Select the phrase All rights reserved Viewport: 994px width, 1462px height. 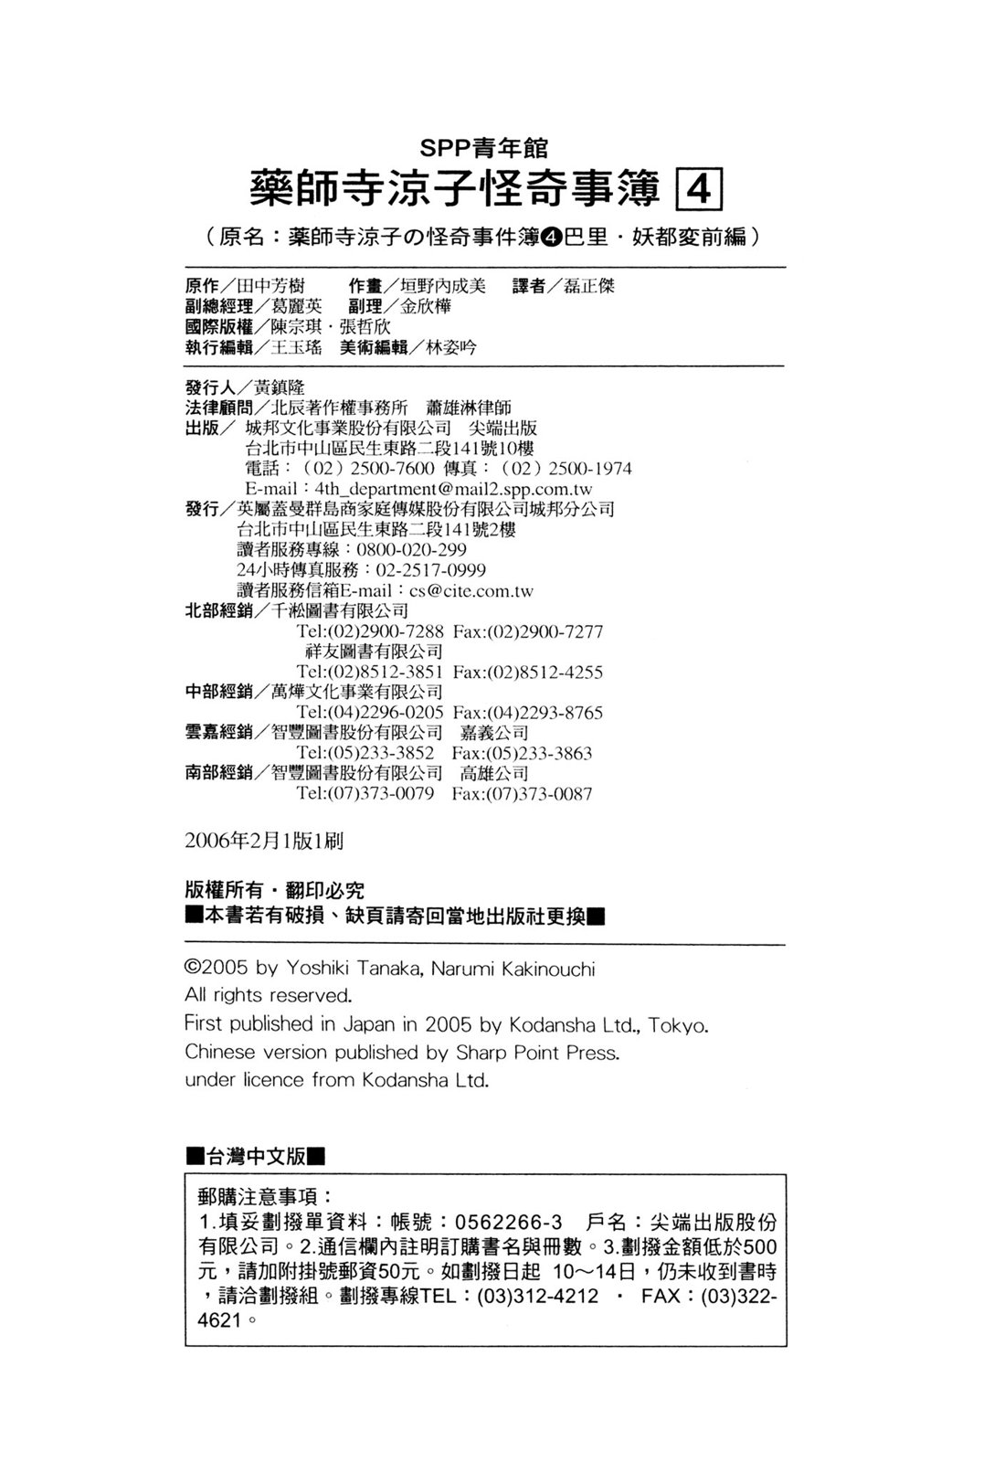point(268,995)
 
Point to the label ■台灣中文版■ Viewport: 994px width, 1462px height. point(255,1157)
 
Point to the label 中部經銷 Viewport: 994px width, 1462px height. point(218,693)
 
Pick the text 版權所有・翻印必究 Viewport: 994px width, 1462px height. point(274,892)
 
